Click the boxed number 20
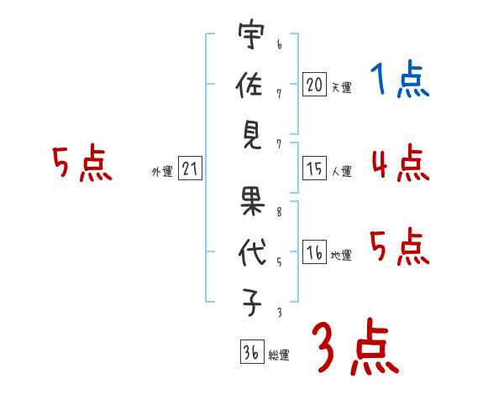(x=314, y=84)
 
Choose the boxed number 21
(x=190, y=169)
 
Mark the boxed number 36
(x=251, y=351)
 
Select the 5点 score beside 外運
(x=81, y=163)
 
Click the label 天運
(x=341, y=86)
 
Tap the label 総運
(x=279, y=355)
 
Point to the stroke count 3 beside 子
(x=279, y=314)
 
